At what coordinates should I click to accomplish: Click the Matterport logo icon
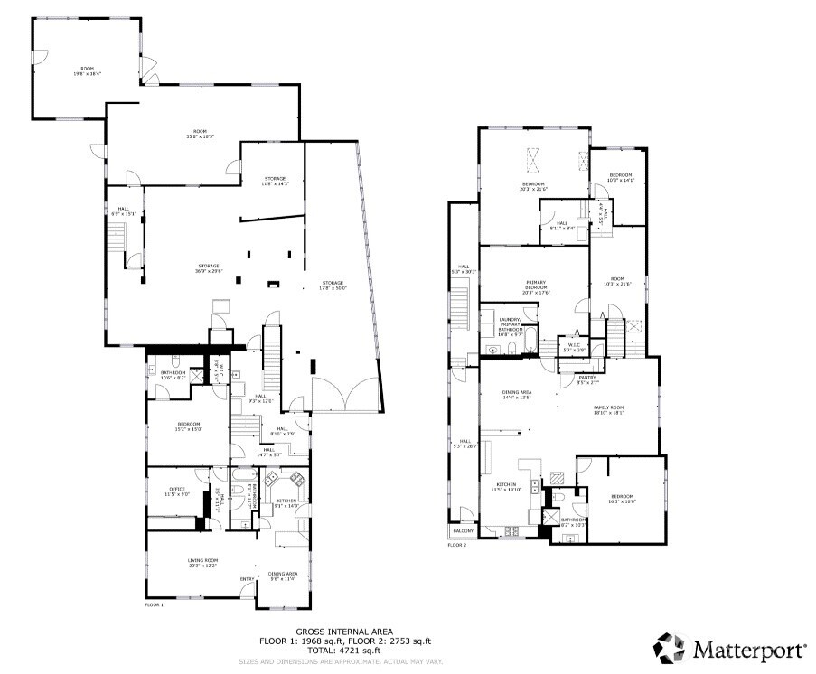pos(670,647)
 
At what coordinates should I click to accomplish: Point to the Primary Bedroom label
pos(535,285)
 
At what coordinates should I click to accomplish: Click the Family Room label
pos(608,409)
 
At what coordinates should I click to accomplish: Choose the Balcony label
pos(462,530)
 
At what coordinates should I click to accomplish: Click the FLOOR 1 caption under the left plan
pos(155,604)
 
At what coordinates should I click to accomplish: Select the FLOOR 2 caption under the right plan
pos(457,545)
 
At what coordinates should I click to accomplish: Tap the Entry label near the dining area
pos(247,579)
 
